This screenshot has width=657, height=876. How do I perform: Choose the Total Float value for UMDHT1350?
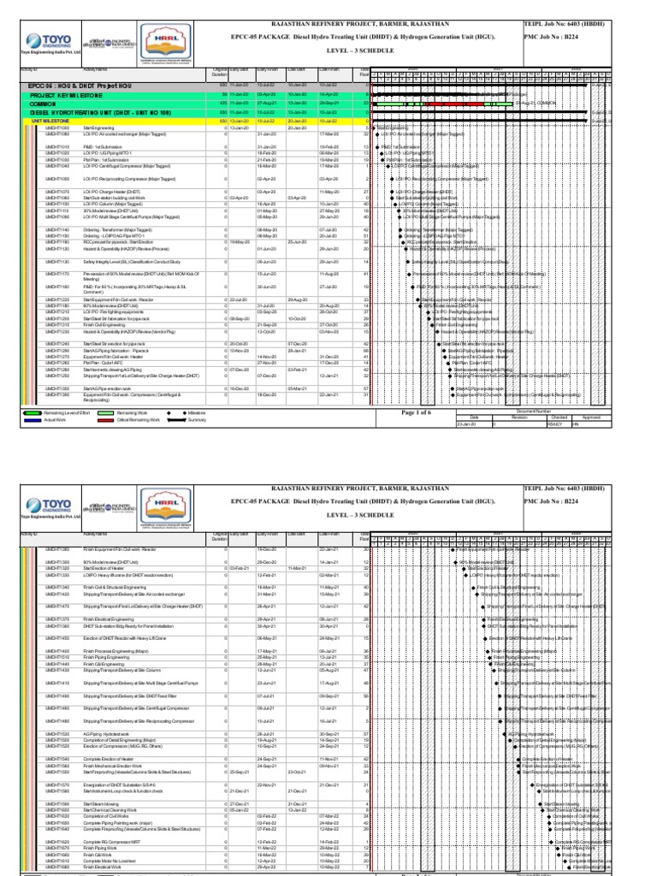point(365,394)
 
